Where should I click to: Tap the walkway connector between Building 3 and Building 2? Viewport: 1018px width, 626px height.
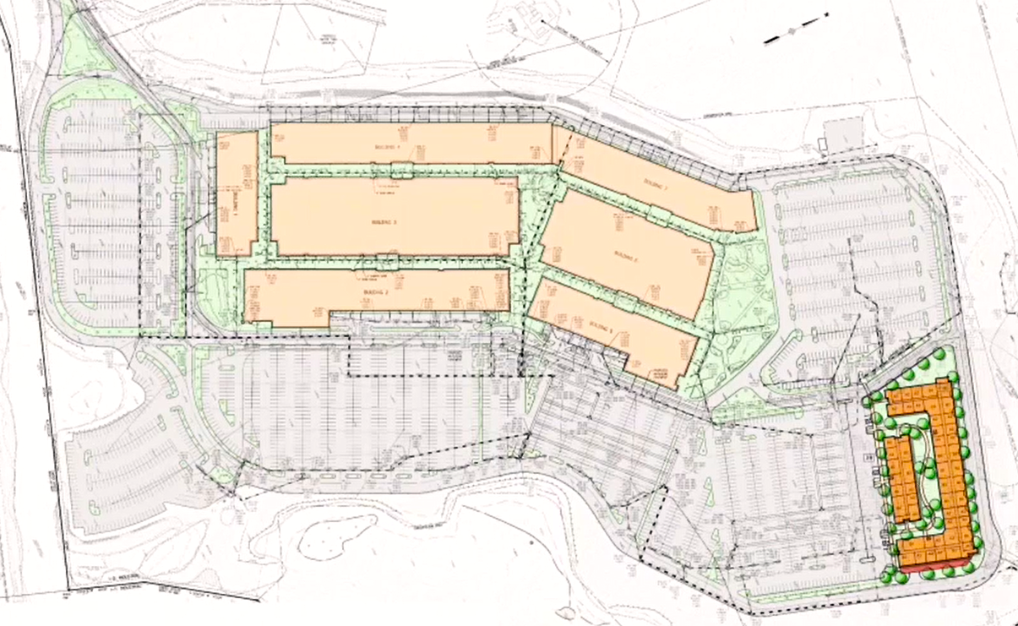click(388, 260)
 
